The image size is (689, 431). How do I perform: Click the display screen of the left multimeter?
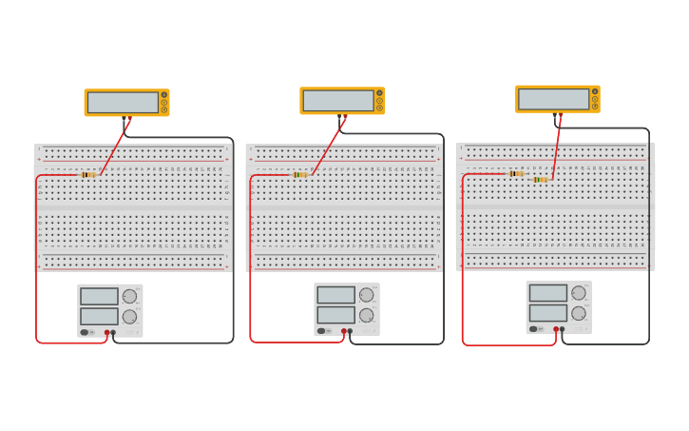click(x=123, y=102)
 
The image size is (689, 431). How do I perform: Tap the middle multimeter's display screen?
click(x=338, y=100)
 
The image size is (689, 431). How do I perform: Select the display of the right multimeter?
click(x=553, y=98)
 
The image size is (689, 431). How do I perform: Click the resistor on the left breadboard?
click(x=87, y=175)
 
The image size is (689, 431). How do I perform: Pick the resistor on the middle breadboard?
click(x=300, y=175)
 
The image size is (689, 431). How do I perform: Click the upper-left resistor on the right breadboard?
click(x=516, y=174)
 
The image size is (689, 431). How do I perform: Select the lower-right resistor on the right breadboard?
click(x=540, y=180)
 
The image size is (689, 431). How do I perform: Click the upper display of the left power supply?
click(x=99, y=296)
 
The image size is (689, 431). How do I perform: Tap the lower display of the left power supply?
click(x=99, y=316)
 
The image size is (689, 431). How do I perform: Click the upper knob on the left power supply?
click(x=129, y=296)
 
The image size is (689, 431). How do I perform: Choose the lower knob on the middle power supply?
click(x=366, y=315)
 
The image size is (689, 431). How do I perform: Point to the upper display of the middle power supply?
click(x=335, y=295)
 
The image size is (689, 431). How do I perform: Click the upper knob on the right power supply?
click(x=578, y=293)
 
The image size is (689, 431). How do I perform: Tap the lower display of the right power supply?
click(x=547, y=312)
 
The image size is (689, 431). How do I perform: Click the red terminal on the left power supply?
click(x=107, y=333)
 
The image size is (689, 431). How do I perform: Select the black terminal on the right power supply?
click(x=562, y=329)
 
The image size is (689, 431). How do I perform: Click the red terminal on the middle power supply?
click(x=344, y=331)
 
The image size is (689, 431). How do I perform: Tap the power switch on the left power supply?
click(x=85, y=332)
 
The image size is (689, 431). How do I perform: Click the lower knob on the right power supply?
click(x=578, y=313)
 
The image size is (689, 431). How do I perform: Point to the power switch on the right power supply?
click(x=533, y=329)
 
